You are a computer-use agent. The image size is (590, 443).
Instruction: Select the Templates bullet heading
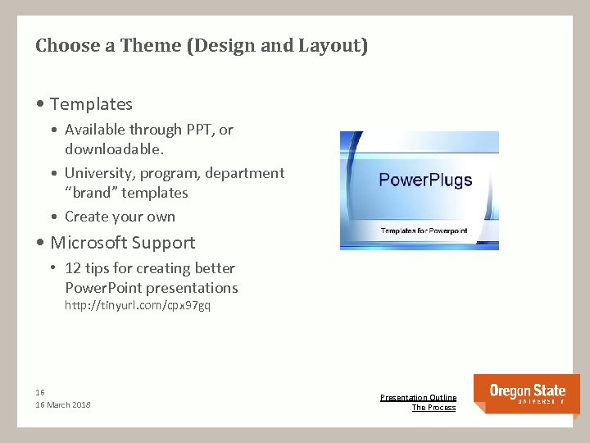pos(90,104)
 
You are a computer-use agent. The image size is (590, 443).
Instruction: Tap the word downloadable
pos(112,149)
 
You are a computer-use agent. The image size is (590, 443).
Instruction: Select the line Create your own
pos(120,217)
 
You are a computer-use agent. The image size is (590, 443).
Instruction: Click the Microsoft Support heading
pos(122,243)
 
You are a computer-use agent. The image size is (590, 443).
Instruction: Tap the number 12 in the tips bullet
pos(73,268)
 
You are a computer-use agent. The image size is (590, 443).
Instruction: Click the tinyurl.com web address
pos(138,306)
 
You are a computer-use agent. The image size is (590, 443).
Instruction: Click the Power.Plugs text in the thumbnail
pos(425,180)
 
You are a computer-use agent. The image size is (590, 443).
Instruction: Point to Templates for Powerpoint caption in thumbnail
pos(424,231)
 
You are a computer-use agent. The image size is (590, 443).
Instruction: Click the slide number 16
pos(40,392)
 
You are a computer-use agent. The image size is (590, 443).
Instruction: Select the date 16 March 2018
pos(63,405)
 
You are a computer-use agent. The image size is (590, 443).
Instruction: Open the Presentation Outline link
pos(418,398)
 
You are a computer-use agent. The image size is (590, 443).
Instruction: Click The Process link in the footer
pos(433,408)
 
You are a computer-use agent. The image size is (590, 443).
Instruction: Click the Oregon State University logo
pos(527,394)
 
